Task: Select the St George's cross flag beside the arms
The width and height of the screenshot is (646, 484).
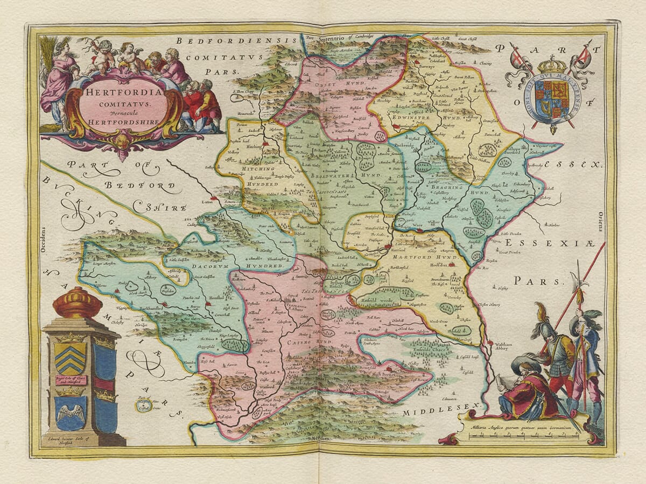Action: (x=517, y=55)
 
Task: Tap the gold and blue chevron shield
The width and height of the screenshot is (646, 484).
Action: (x=69, y=358)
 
